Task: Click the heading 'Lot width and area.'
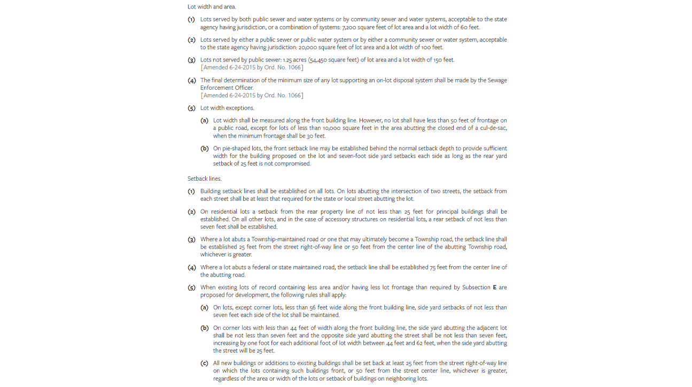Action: tap(212, 7)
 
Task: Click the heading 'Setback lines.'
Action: tap(204, 179)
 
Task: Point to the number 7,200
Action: tap(349, 27)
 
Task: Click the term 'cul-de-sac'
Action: tap(491, 128)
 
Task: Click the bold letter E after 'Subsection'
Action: tap(494, 288)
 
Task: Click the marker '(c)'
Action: tap(204, 363)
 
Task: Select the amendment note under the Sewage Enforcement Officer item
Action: tap(252, 95)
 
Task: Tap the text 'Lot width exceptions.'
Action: tap(227, 108)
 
